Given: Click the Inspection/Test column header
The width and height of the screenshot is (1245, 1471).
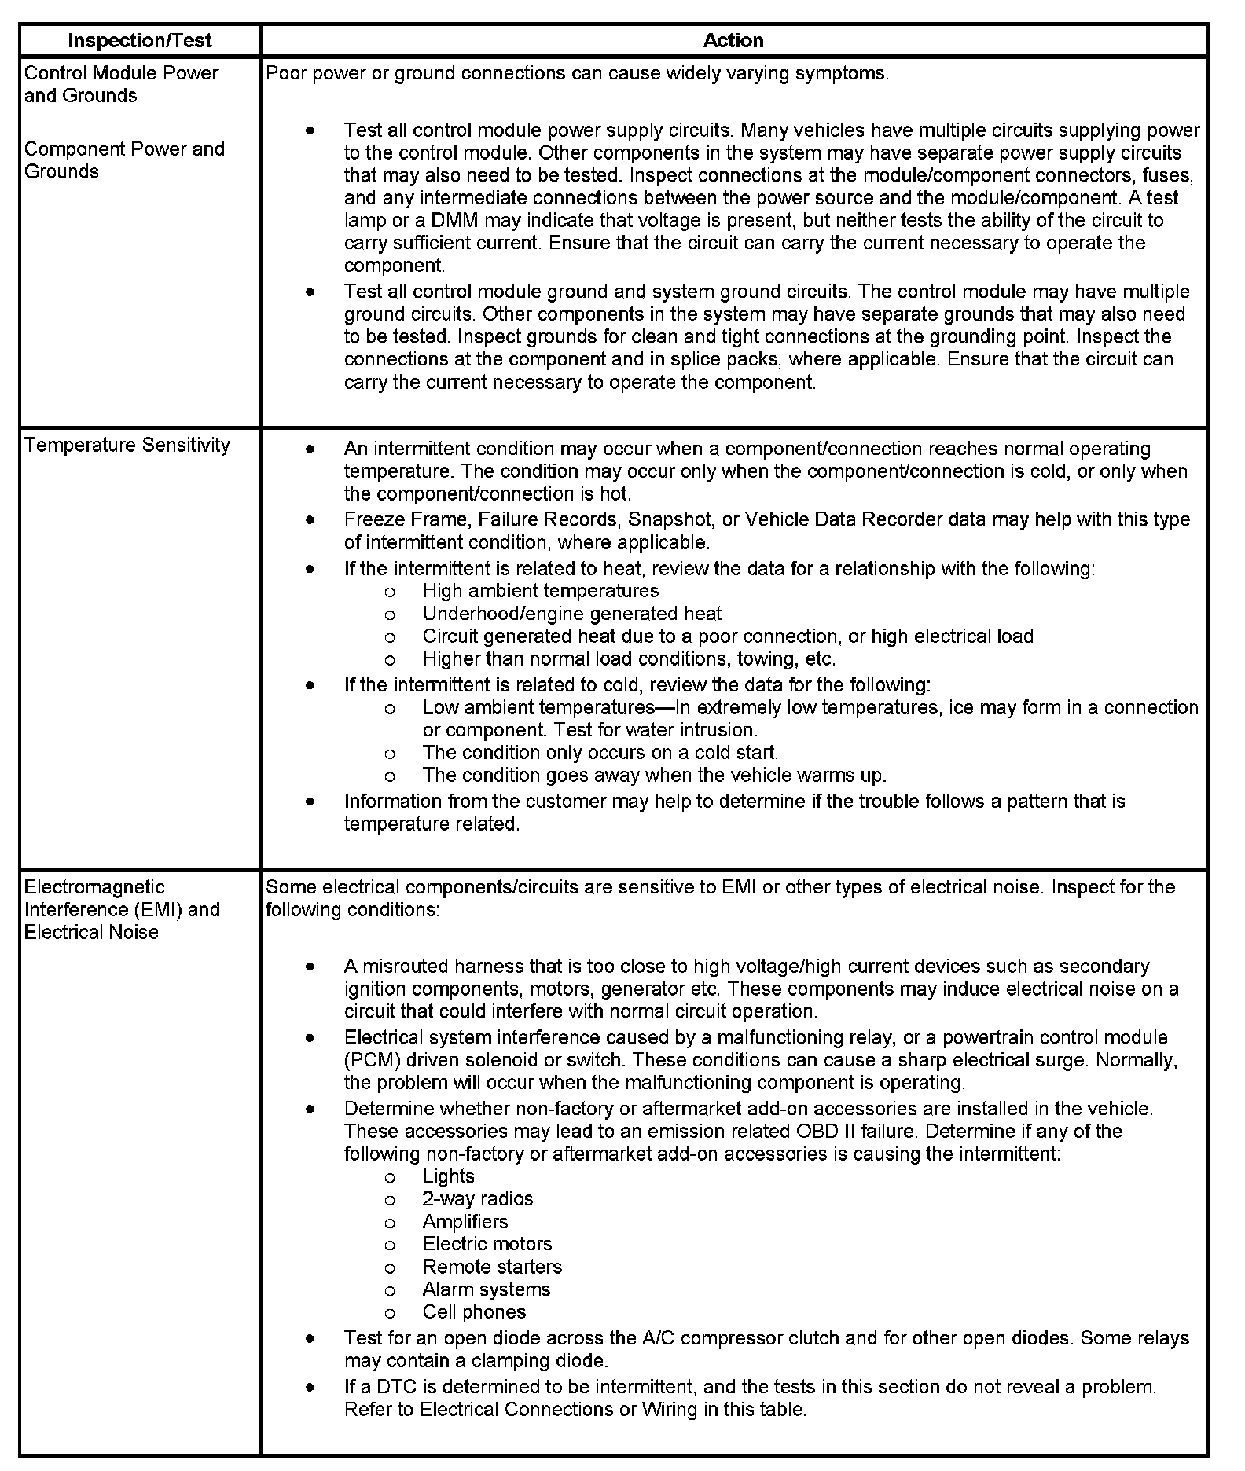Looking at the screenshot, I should [x=139, y=40].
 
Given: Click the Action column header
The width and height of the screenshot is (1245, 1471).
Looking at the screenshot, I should [x=733, y=40].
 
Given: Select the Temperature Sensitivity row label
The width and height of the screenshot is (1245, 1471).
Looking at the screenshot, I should [x=127, y=445].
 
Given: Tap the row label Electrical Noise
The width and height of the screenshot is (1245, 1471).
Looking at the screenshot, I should [x=91, y=932].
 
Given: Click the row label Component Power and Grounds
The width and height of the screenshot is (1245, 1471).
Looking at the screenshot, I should [x=124, y=160].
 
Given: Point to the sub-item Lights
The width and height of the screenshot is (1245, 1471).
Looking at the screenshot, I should [x=448, y=1176].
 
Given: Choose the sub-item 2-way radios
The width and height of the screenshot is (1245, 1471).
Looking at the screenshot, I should [x=477, y=1198].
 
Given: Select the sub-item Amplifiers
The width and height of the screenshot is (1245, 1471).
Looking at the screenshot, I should [x=465, y=1222].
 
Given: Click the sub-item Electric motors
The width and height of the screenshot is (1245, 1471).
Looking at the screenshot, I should [x=487, y=1244].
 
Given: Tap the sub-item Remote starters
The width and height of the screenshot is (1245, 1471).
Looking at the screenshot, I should [x=492, y=1267].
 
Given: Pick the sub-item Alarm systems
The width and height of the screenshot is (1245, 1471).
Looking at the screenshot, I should [x=486, y=1289].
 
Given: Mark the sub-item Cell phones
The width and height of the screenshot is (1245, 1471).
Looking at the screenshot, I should [x=474, y=1311].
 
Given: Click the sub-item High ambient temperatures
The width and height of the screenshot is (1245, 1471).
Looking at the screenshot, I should [x=540, y=590].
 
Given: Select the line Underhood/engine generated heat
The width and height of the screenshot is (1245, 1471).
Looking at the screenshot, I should [x=571, y=613].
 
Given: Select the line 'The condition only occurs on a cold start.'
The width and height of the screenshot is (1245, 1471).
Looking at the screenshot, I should [x=600, y=752].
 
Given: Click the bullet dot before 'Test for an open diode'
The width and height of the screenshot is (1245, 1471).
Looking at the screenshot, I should [x=311, y=1337].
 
